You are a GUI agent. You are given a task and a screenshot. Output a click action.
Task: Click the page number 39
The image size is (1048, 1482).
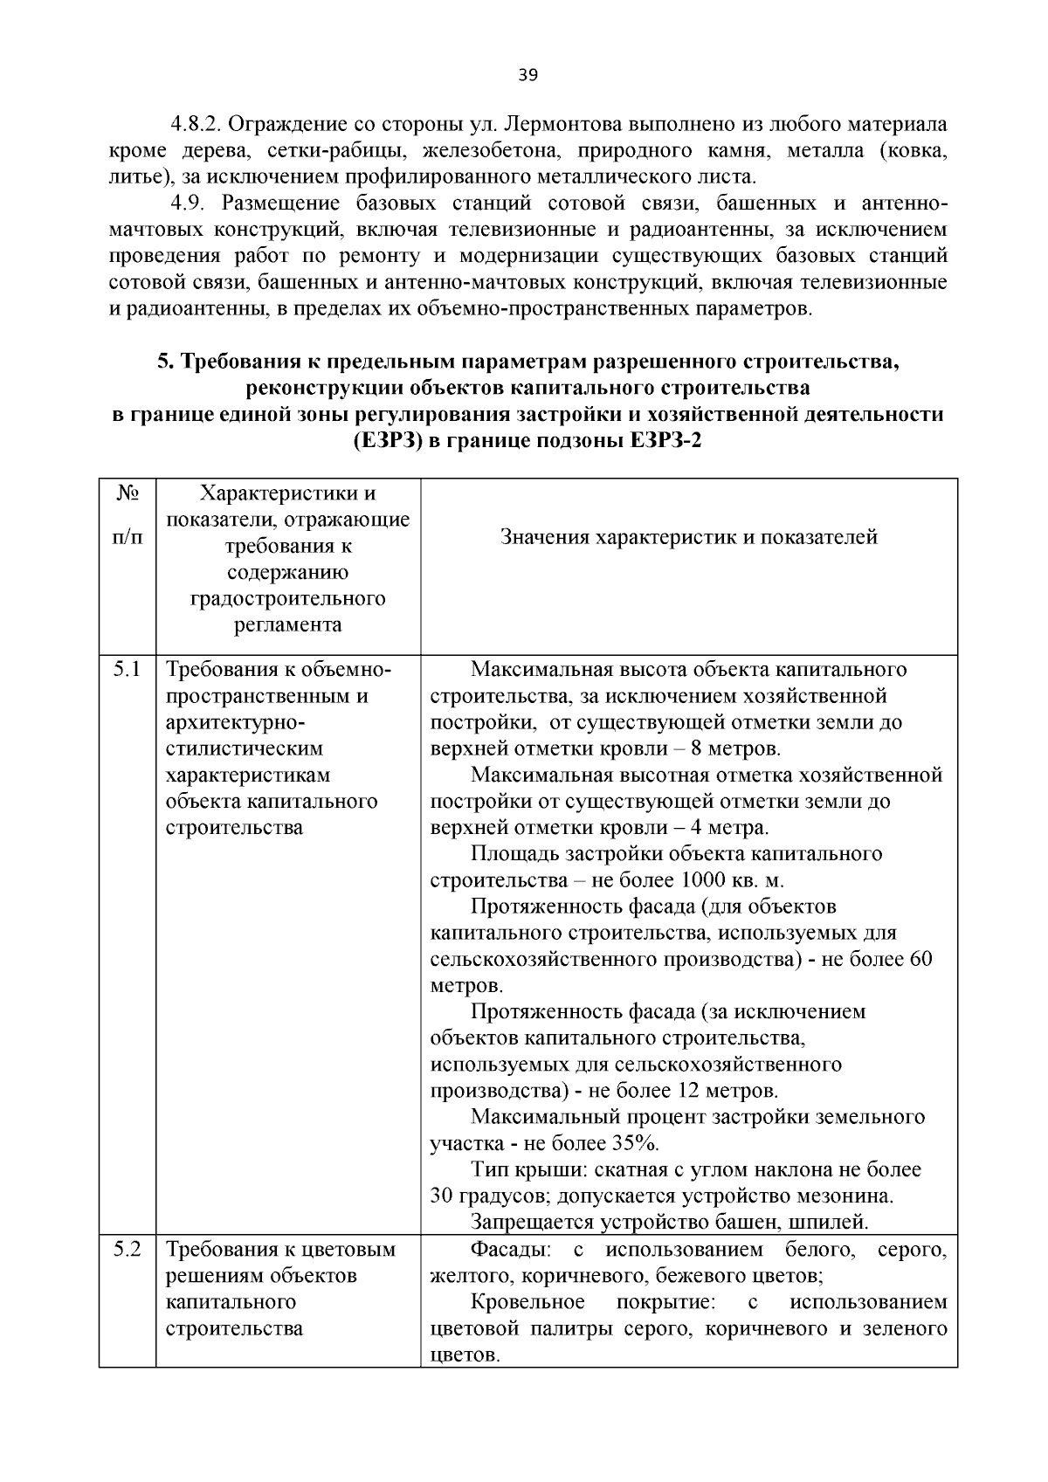click(x=527, y=75)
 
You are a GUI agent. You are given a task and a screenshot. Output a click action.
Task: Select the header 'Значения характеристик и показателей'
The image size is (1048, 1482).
click(x=689, y=537)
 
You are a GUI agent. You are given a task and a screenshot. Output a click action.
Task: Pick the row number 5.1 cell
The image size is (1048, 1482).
click(x=127, y=670)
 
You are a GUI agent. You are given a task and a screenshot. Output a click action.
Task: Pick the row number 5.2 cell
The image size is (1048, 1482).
click(x=127, y=1250)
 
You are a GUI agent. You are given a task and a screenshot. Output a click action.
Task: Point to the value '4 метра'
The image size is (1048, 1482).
click(x=729, y=828)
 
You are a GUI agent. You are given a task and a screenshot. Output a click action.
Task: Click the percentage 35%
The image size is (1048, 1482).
click(x=634, y=1143)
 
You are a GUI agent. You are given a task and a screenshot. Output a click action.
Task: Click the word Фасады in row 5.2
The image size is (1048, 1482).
click(x=506, y=1250)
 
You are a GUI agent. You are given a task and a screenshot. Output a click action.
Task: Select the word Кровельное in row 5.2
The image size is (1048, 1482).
click(x=527, y=1302)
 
